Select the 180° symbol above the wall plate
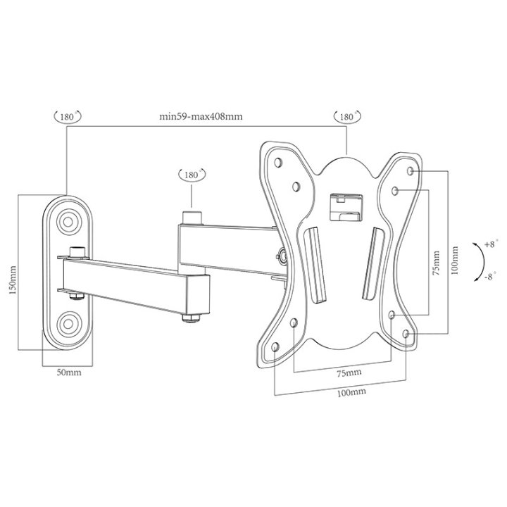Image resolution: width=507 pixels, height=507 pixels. pyautogui.click(x=67, y=115)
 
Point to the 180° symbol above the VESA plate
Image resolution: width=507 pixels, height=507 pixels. pyautogui.click(x=347, y=115)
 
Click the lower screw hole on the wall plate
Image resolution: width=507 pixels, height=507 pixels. pyautogui.click(x=69, y=324)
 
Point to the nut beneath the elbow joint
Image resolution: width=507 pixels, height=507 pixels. pyautogui.click(x=191, y=319)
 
